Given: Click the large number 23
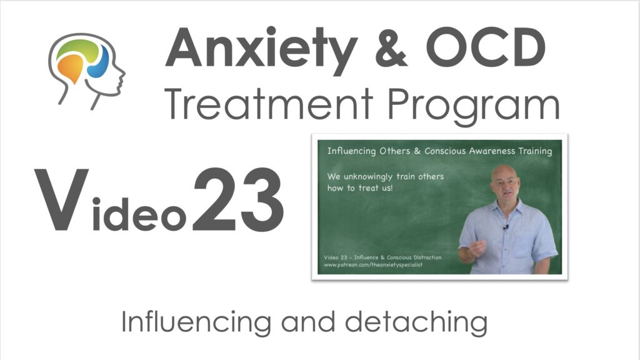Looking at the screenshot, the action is tap(238, 199).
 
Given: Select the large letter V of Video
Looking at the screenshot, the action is tap(61, 199).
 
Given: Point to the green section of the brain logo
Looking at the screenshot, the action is tap(77, 48).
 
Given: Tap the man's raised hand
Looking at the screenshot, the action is tap(477, 247).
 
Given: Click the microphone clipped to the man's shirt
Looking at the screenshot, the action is tap(506, 227).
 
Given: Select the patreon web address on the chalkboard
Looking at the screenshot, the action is tap(373, 265).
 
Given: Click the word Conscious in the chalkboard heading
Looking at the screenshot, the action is tap(444, 151).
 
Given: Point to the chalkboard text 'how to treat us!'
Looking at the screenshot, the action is tap(359, 188).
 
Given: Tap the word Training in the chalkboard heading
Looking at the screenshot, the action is tap(535, 151).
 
